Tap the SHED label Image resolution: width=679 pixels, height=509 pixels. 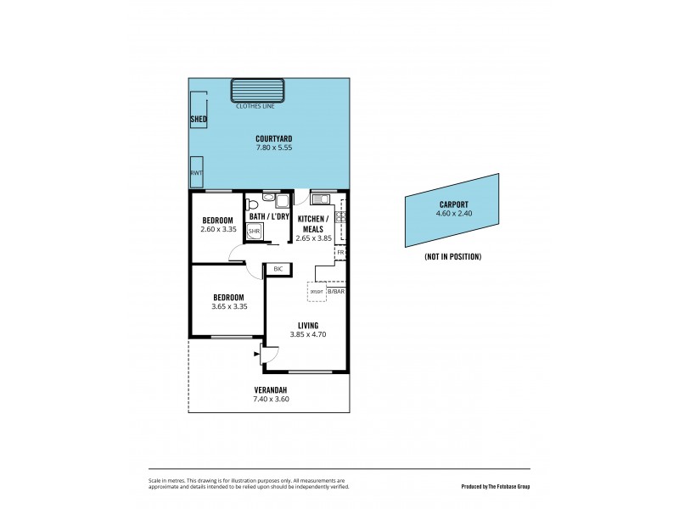199,120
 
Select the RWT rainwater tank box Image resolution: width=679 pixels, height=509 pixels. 197,171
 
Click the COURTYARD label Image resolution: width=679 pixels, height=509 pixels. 274,138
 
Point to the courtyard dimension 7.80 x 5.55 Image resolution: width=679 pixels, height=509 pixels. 274,148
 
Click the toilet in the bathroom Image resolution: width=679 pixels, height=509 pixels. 251,204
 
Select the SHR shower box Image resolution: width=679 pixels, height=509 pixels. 254,231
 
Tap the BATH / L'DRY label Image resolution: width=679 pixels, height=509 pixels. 269,217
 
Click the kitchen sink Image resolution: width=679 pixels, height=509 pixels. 321,199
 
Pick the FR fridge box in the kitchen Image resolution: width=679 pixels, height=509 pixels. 340,253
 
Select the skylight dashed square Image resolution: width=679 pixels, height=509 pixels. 317,293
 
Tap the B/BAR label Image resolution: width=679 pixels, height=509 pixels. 337,292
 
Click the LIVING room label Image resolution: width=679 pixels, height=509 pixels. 306,325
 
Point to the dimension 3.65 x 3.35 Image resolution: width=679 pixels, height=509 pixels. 229,306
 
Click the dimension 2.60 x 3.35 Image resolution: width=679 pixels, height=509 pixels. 217,229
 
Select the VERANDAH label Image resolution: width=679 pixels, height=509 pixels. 271,389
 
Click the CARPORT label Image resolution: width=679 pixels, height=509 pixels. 453,204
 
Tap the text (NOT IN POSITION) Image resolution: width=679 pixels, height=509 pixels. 452,256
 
